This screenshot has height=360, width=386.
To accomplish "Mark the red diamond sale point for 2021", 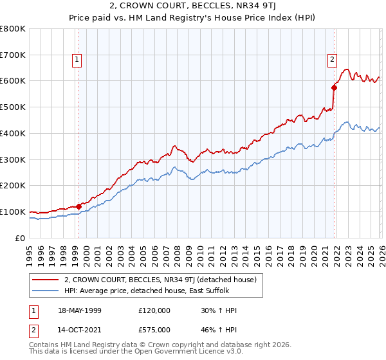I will click(334, 87).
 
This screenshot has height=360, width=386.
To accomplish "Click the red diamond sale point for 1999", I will click(78, 206).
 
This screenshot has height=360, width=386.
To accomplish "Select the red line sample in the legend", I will click(46, 280).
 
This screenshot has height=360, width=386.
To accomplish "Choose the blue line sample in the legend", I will click(46, 291).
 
